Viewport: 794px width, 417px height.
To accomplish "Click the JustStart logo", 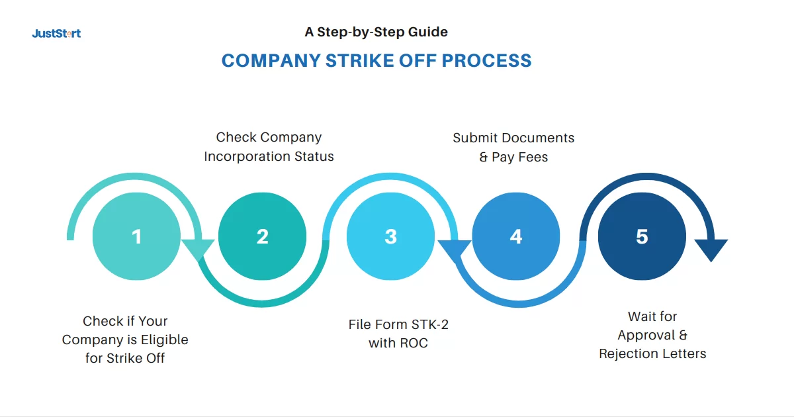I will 56,33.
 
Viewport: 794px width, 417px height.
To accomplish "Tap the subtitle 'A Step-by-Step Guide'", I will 376,32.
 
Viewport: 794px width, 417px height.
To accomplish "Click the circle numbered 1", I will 136,236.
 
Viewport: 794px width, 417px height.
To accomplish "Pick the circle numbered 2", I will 262,236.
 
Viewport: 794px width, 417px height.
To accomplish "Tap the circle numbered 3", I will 390,236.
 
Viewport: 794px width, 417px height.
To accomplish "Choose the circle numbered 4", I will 516,236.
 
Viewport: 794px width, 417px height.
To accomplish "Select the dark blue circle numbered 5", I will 642,236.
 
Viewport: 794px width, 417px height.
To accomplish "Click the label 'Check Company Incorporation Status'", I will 269,147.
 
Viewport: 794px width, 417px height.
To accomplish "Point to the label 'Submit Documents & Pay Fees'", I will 513,147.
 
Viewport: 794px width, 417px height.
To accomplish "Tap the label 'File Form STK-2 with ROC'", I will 398,334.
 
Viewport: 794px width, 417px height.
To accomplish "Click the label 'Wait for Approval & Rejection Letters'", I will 652,335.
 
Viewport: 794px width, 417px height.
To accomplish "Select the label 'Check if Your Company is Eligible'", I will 125,340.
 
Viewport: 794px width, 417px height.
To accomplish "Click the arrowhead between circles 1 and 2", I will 197,251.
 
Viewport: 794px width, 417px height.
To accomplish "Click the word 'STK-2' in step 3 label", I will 429,325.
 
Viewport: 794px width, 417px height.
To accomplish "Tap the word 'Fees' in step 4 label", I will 534,157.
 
